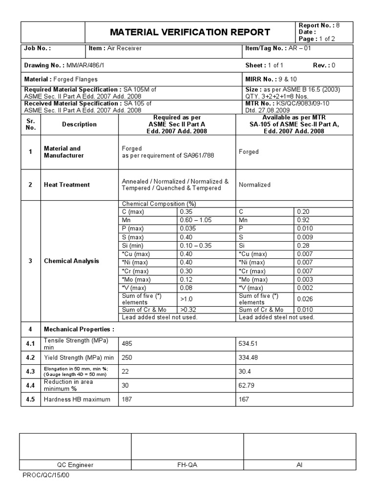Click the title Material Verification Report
click(190, 32)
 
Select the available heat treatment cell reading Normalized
click(254, 185)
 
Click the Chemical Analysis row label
click(71, 261)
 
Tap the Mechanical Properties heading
click(79, 329)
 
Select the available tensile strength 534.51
click(249, 343)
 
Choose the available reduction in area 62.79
click(247, 385)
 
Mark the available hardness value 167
click(244, 399)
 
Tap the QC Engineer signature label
click(75, 465)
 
